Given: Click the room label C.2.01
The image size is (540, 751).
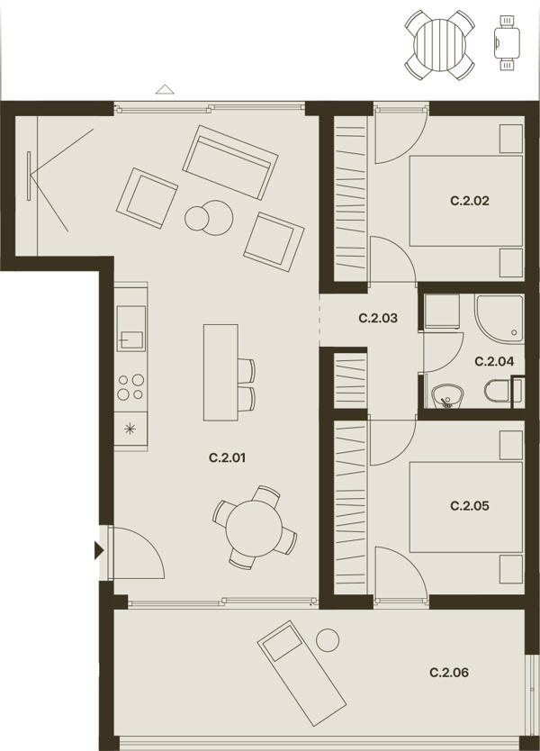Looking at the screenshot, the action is [x=227, y=457].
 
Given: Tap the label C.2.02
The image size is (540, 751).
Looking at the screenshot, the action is [x=470, y=201].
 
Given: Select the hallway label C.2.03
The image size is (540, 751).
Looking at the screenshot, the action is [x=378, y=318].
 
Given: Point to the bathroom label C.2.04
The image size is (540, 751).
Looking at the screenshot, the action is [x=494, y=362].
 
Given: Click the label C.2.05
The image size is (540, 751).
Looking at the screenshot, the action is [x=470, y=506].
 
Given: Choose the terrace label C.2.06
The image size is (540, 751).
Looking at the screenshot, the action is [x=449, y=673].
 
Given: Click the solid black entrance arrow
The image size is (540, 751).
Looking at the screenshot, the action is [x=99, y=551].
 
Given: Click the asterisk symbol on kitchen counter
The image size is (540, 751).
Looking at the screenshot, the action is [x=130, y=429].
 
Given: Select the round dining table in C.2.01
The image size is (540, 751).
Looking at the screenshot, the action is [x=254, y=529].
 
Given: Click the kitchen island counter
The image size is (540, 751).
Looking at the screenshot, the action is [x=220, y=372].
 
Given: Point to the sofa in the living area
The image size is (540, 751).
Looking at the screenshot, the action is [x=230, y=162].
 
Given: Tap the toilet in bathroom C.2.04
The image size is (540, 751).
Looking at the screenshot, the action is [x=498, y=391].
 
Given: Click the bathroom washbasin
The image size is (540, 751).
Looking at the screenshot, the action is [x=447, y=397].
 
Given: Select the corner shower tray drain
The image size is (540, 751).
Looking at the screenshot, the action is [x=514, y=332].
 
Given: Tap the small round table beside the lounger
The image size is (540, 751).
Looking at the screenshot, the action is [x=328, y=640].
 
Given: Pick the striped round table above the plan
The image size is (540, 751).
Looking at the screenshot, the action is [x=440, y=45].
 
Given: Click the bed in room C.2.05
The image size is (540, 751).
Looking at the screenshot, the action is [x=466, y=507].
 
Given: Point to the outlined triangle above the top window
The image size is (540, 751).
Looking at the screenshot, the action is [x=165, y=89].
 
